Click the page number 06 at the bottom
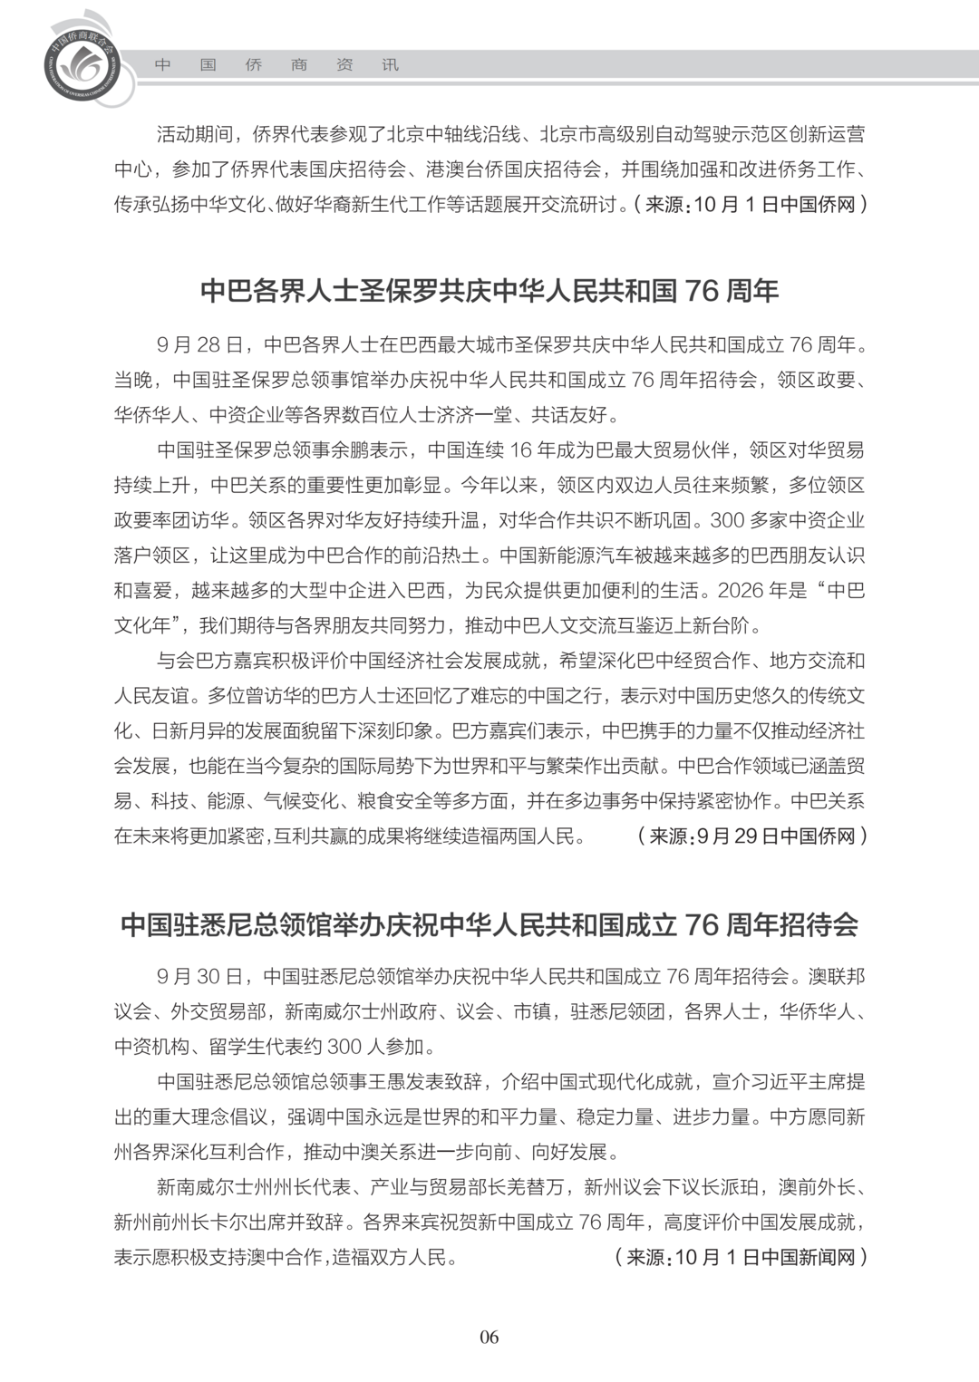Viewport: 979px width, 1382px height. point(489,1337)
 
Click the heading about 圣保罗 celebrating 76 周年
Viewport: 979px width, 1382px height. point(489,291)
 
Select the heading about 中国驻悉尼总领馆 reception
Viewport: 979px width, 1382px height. point(489,924)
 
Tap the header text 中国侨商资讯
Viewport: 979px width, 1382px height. point(276,65)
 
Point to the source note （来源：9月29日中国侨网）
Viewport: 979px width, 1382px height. point(751,836)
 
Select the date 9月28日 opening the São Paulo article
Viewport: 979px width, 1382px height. point(199,345)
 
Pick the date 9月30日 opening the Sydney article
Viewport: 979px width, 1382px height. point(199,977)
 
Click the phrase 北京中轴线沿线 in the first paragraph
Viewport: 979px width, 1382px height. point(453,135)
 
